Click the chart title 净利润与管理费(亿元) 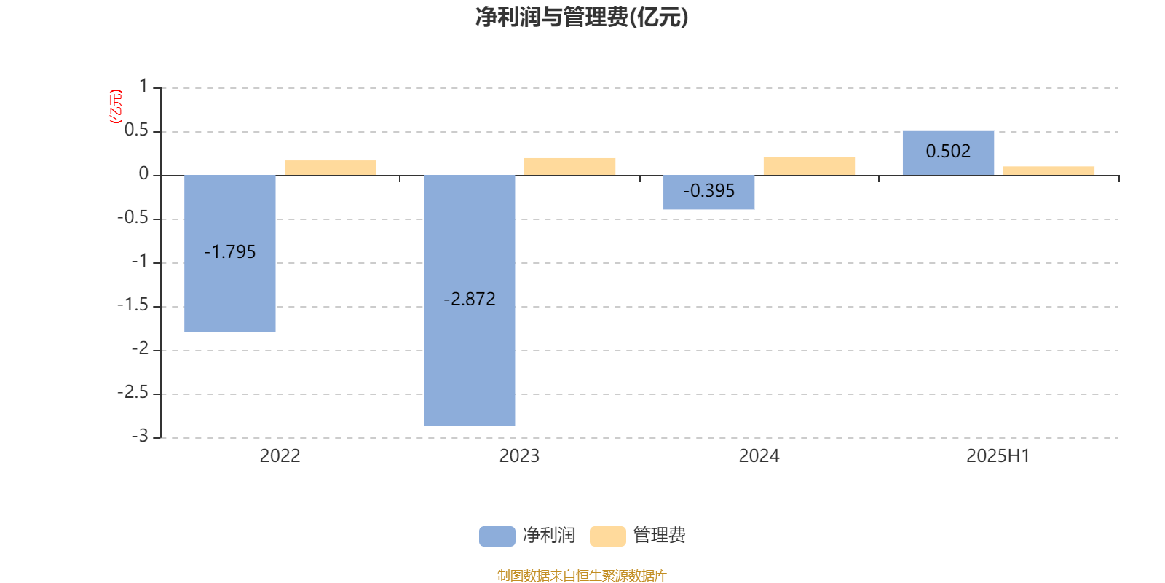(582, 17)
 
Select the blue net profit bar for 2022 (230, 254)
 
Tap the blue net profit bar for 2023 (469, 300)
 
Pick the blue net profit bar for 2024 (709, 192)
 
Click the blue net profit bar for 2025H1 (948, 153)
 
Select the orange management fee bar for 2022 (331, 168)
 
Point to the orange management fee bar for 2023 (569, 167)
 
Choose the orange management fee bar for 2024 (809, 166)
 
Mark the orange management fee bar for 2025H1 (1048, 171)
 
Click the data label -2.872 (470, 300)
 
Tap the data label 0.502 (948, 152)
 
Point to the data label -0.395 (709, 191)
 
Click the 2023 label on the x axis (519, 456)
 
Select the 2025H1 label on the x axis (998, 456)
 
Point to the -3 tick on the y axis (140, 436)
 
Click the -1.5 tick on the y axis (133, 305)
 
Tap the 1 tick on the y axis (143, 86)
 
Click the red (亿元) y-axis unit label (116, 106)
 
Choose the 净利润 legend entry (527, 536)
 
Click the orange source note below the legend (582, 575)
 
